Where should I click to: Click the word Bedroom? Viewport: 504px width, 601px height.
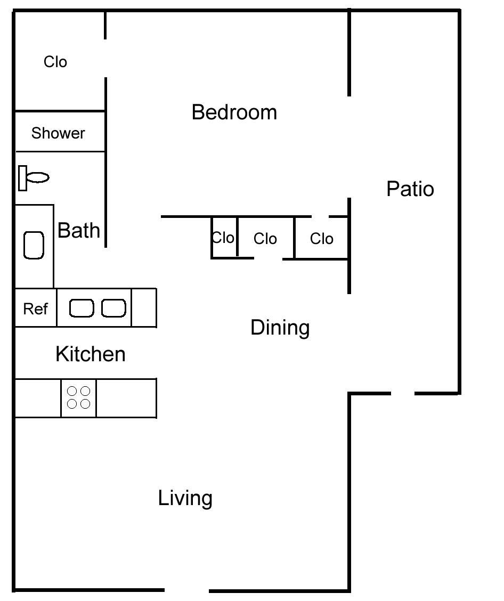pyautogui.click(x=234, y=112)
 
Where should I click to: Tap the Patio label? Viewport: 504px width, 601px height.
pyautogui.click(x=410, y=189)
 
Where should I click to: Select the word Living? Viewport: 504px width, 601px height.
pyautogui.click(x=185, y=498)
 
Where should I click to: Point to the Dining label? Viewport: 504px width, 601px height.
pyautogui.click(x=280, y=327)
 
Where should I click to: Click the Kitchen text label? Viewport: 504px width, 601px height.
pyautogui.click(x=91, y=354)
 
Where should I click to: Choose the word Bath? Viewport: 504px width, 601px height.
pyautogui.click(x=79, y=230)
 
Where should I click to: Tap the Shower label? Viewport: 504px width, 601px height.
pyautogui.click(x=58, y=133)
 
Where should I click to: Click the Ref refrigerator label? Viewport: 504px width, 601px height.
pyautogui.click(x=36, y=308)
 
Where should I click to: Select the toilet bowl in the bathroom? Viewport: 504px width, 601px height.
pyautogui.click(x=38, y=177)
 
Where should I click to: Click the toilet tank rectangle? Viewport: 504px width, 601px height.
pyautogui.click(x=22, y=178)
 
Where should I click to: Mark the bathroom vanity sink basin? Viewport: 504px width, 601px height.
pyautogui.click(x=34, y=245)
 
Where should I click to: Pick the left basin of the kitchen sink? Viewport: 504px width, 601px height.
pyautogui.click(x=82, y=308)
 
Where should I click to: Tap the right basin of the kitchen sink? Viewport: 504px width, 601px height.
pyautogui.click(x=113, y=308)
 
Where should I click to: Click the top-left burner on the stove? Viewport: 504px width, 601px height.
pyautogui.click(x=72, y=392)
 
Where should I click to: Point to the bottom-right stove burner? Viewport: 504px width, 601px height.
pyautogui.click(x=85, y=404)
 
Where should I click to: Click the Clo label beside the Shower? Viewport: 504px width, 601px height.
pyautogui.click(x=55, y=62)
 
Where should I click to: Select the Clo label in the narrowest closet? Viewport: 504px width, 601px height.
pyautogui.click(x=224, y=238)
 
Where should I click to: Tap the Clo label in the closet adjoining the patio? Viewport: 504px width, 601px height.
pyautogui.click(x=322, y=239)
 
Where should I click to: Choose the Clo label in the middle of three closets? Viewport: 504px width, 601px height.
pyautogui.click(x=265, y=239)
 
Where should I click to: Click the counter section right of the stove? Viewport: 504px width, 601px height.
pyautogui.click(x=126, y=398)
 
